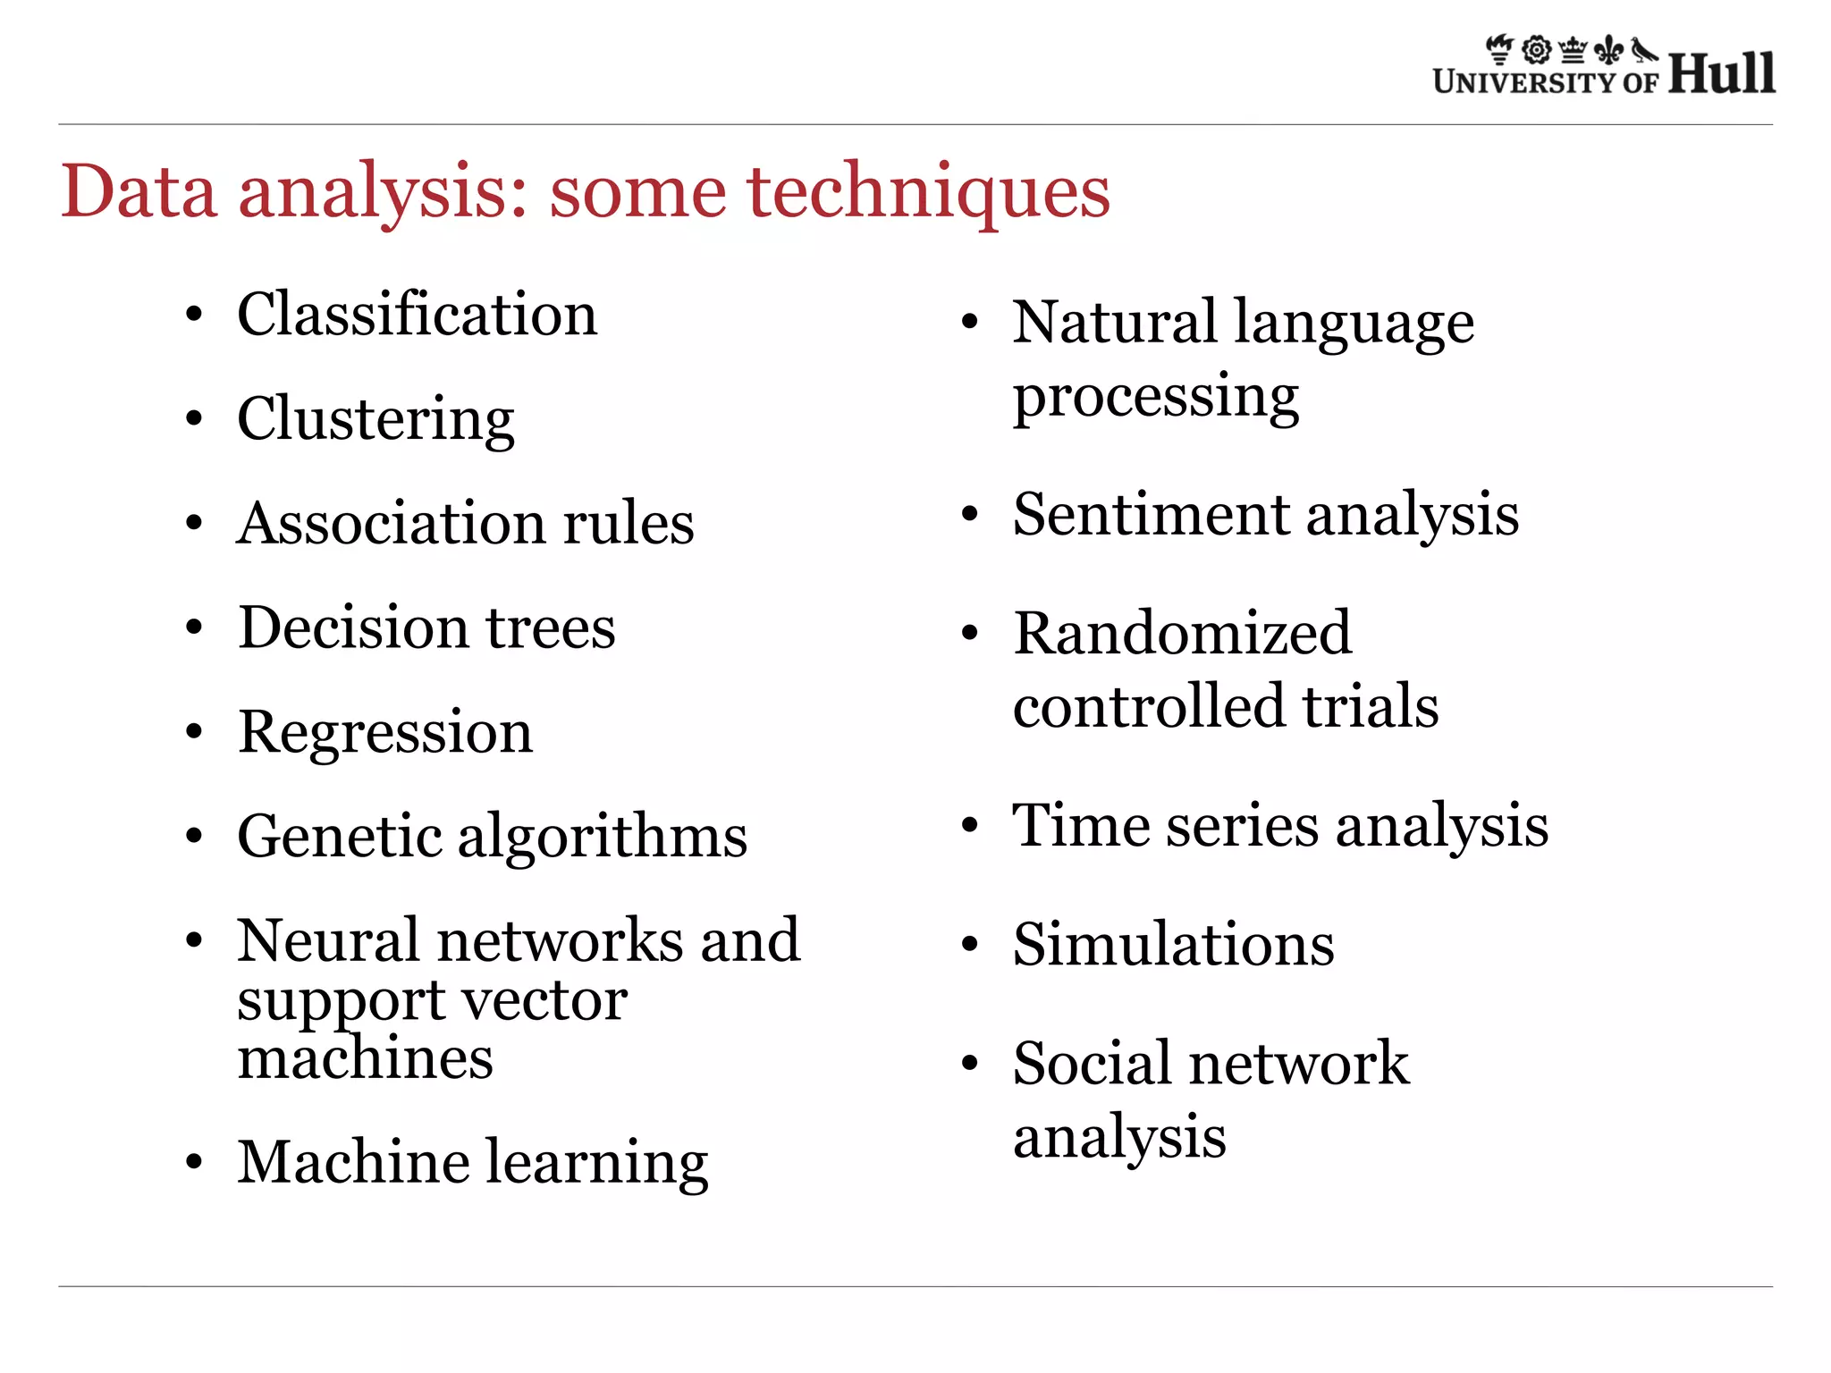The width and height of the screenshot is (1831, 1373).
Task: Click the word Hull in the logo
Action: [1721, 73]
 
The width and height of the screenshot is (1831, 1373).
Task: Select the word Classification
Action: [418, 315]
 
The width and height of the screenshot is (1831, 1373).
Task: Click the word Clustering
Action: [375, 419]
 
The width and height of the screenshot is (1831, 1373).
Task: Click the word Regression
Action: [385, 732]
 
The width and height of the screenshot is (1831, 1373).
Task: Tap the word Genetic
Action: [339, 837]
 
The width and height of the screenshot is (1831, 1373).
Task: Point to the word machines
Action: [365, 1058]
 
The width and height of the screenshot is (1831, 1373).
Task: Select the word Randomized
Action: [1182, 634]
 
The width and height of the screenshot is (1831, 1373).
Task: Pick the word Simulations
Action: [1173, 944]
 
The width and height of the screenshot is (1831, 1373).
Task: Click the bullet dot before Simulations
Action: [970, 945]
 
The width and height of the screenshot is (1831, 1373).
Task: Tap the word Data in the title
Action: [139, 192]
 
